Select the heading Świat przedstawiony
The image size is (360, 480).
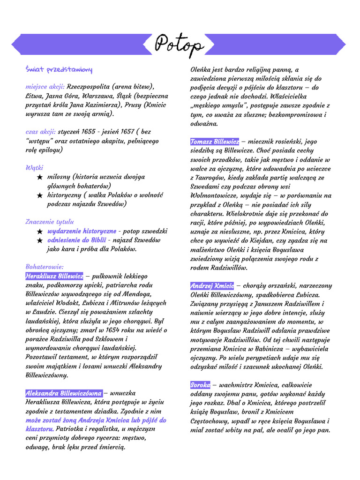pyautogui.click(x=59, y=70)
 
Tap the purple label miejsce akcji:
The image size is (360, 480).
pyautogui.click(x=45, y=87)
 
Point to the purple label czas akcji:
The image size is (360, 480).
pyautogui.click(x=41, y=132)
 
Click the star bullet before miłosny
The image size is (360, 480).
pyautogui.click(x=40, y=177)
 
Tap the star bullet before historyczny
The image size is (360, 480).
pyautogui.click(x=40, y=195)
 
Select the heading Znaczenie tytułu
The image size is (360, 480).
pyautogui.click(x=50, y=222)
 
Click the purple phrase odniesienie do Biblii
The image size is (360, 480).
pyautogui.click(x=75, y=240)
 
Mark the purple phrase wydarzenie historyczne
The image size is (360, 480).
pyautogui.click(x=82, y=231)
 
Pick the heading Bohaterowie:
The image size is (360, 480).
pyautogui.click(x=45, y=267)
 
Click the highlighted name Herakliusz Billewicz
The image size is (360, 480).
pyautogui.click(x=54, y=276)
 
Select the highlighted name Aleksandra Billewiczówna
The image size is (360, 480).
pyautogui.click(x=63, y=393)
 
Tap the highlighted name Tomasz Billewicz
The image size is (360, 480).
pyautogui.click(x=215, y=142)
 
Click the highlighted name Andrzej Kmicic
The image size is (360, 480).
pyautogui.click(x=212, y=286)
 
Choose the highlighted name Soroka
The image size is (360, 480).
pyautogui.click(x=200, y=385)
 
